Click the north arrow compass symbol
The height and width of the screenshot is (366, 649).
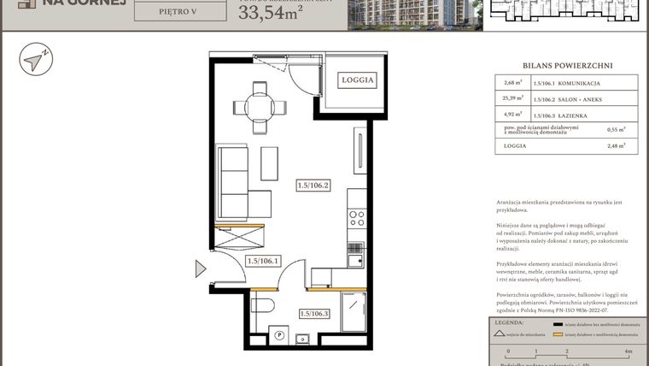36,61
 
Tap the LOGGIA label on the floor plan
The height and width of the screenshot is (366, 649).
358,80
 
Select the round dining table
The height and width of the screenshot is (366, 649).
260,107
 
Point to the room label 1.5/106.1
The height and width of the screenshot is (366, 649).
262,261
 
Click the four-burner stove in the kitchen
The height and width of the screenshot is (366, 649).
357,218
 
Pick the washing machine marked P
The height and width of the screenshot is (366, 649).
278,334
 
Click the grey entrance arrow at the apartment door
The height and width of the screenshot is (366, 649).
201,269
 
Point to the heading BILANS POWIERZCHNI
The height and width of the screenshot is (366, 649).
567,65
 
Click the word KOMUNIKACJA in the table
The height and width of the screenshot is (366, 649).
579,83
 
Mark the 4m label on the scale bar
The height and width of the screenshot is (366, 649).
628,351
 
